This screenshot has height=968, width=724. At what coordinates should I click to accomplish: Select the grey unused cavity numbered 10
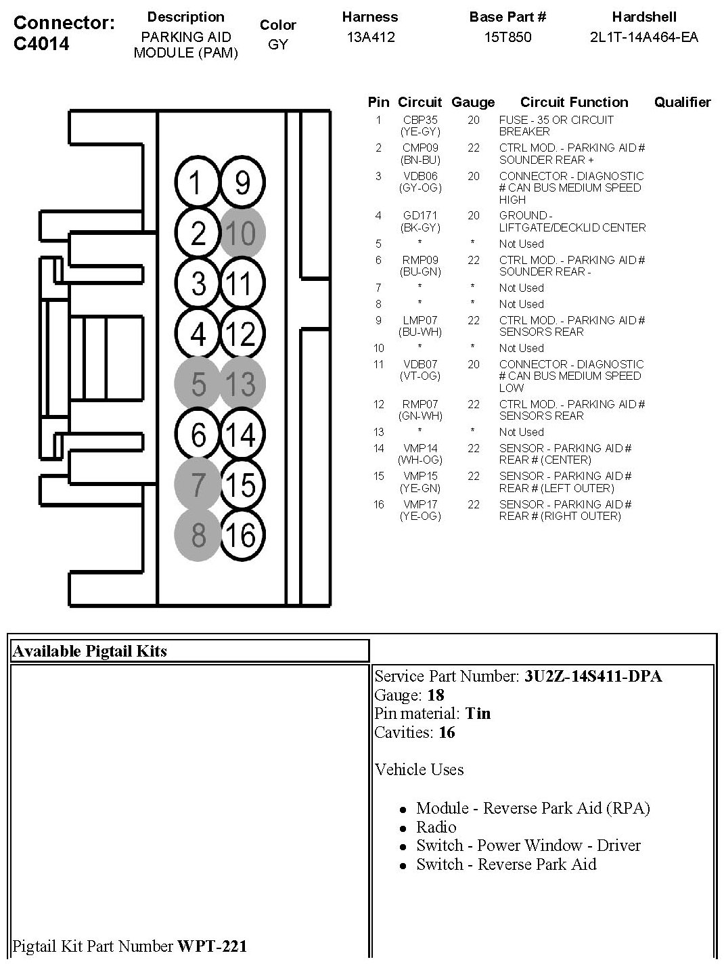coord(242,233)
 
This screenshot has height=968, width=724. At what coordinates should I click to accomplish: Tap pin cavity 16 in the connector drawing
coord(242,535)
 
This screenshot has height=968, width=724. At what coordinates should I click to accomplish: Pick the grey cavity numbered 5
coord(198,384)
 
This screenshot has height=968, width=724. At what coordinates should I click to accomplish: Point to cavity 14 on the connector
coord(242,434)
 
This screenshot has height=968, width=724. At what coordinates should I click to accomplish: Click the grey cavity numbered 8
coord(198,535)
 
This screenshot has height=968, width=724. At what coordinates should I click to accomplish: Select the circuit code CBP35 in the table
coord(420,120)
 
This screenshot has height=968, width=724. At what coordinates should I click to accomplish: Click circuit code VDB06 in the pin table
coord(420,176)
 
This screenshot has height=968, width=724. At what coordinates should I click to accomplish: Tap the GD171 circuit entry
coord(420,216)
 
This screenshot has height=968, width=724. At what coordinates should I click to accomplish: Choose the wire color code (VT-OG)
coord(420,376)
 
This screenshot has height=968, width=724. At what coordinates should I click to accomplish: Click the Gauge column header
coord(473,102)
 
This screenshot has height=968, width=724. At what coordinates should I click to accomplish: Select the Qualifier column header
coord(682,102)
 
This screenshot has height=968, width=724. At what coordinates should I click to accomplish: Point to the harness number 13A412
coord(370,37)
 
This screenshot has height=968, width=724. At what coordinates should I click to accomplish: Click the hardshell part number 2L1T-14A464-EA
coord(643,37)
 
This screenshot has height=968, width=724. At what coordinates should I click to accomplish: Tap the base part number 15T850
coord(507,37)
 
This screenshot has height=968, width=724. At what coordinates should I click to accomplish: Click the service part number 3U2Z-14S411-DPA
coord(593,676)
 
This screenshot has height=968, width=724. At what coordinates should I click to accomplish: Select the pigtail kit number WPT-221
coord(212,946)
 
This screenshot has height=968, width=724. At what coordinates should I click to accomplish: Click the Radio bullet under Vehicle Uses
coord(436,827)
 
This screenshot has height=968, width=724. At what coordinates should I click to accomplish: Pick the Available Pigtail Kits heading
coord(90,651)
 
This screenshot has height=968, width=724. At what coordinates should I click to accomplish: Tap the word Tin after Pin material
coord(478,713)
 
